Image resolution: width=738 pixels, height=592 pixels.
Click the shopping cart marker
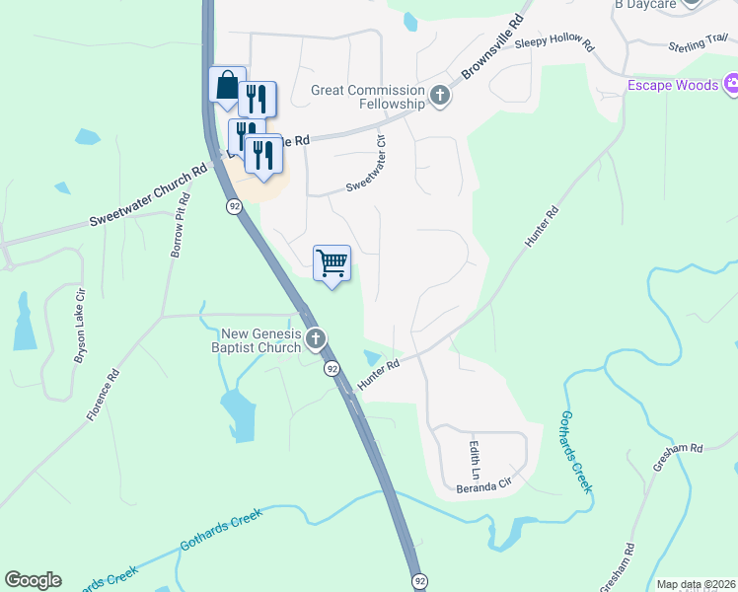click(332, 263)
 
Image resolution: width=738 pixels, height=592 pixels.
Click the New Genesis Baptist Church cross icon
click(316, 340)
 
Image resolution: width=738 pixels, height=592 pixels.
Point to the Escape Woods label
click(673, 86)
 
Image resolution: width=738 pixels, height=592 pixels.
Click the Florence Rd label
click(102, 396)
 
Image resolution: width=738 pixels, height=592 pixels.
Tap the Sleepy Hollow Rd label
click(561, 41)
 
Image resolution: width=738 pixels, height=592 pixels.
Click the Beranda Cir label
click(484, 486)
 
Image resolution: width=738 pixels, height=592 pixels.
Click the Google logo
click(33, 580)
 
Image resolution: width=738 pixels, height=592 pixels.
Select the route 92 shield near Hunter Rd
click(332, 368)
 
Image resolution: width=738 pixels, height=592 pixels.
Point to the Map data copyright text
click(695, 584)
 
